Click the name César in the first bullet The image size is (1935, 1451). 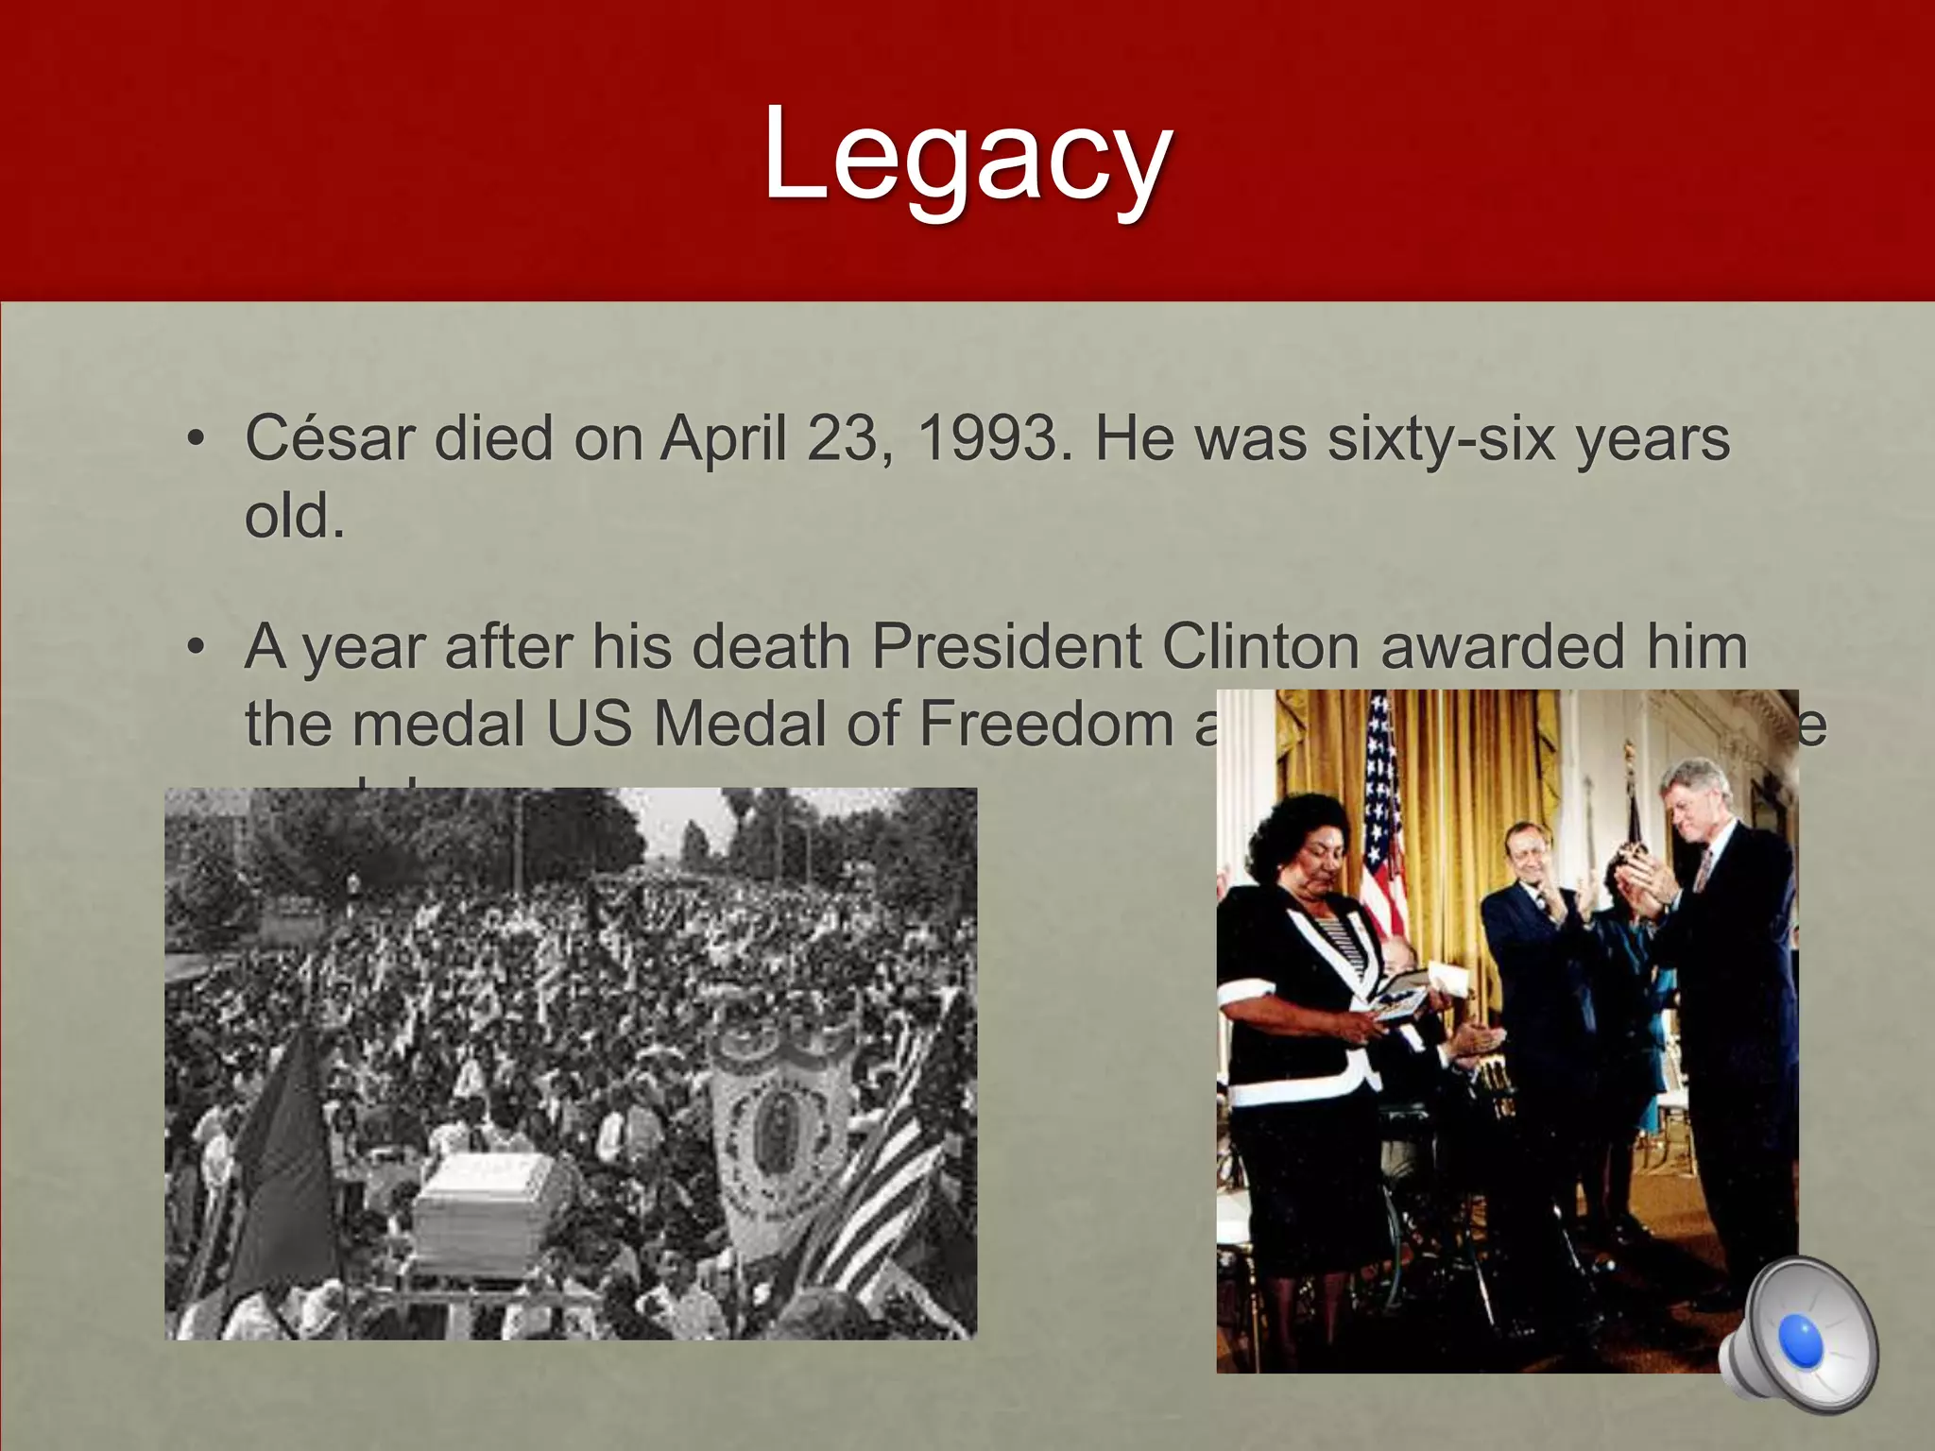330,439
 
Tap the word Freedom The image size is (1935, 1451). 1045,725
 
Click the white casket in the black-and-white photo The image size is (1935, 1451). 487,1212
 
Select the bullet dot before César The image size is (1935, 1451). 196,440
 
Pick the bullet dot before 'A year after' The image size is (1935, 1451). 196,648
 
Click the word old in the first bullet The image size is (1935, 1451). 293,518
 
